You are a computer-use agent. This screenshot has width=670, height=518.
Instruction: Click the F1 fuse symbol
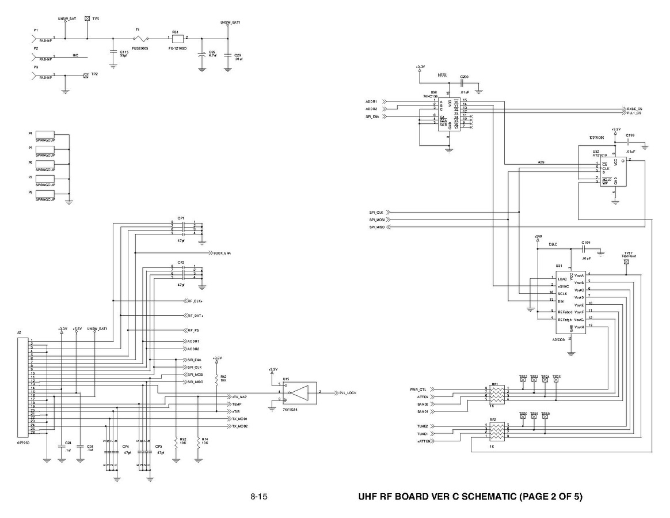click(x=138, y=39)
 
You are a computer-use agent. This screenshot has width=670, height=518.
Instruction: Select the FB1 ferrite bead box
click(x=177, y=39)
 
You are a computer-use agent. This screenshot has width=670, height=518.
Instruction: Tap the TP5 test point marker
click(x=87, y=18)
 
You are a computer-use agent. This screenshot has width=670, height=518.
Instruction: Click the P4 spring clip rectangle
click(x=45, y=134)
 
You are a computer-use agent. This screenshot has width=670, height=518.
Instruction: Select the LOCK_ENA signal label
click(x=222, y=253)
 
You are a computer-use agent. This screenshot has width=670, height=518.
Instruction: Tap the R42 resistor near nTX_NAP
click(x=216, y=379)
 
